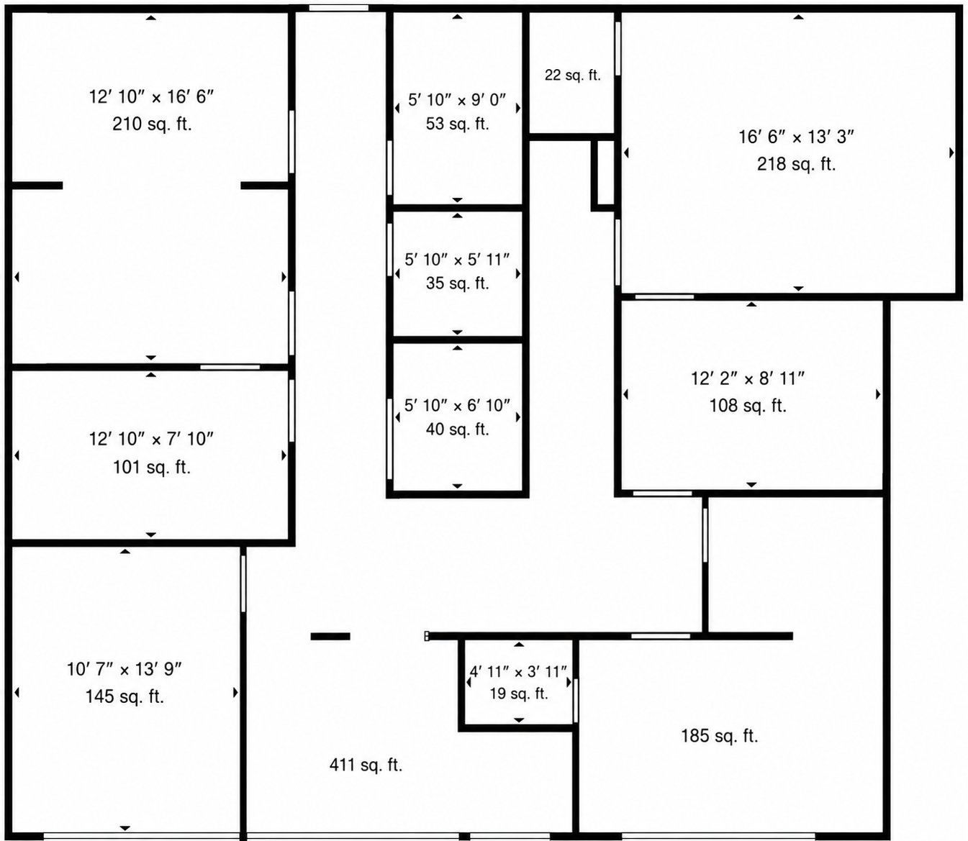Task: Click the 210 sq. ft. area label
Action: [x=152, y=124]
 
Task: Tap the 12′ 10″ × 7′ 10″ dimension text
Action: [x=151, y=439]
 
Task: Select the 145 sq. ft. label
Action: [x=125, y=696]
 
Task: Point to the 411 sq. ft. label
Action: [x=366, y=765]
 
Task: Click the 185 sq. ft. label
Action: [x=719, y=735]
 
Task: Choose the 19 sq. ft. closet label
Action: [x=518, y=694]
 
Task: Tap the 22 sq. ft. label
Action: [x=572, y=75]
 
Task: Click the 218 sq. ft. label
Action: [x=796, y=164]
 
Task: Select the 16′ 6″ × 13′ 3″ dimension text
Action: [x=796, y=137]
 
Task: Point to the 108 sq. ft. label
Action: [x=748, y=406]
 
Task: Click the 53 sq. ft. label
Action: [x=457, y=124]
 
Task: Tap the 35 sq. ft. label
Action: [x=457, y=283]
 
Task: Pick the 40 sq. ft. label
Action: [x=457, y=429]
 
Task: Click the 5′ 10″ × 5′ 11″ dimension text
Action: [x=457, y=260]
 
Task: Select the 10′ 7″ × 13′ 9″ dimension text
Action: [x=125, y=669]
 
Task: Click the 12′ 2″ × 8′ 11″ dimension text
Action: [x=748, y=378]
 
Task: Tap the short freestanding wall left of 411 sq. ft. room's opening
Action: [x=330, y=636]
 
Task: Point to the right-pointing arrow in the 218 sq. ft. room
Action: [x=951, y=153]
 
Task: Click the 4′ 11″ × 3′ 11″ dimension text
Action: [x=518, y=671]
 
